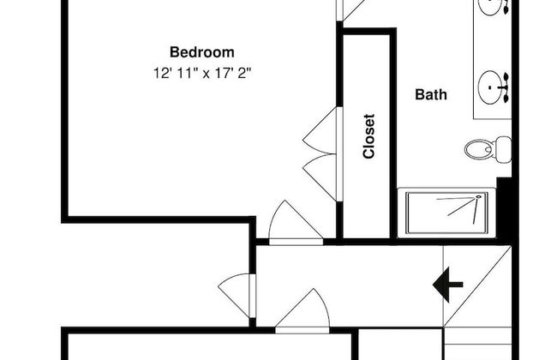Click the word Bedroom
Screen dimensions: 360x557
pos(202,51)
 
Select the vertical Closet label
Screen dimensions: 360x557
pos(369,137)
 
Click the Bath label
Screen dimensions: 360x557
pos(431,94)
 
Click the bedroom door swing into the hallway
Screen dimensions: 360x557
pos(286,224)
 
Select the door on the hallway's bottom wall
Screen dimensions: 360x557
pos(304,311)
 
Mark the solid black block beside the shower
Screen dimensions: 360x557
pos(505,206)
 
